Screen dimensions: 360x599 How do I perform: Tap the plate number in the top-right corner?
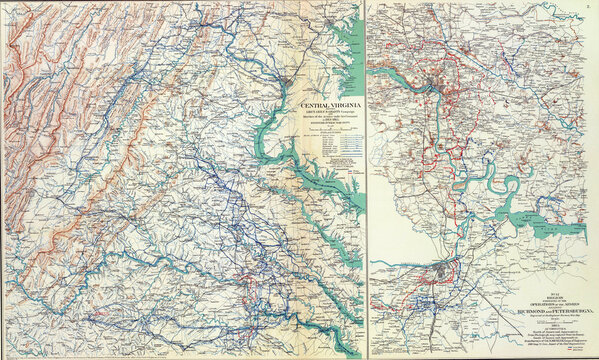[x=589, y=6]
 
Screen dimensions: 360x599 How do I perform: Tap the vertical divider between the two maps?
[x=365, y=180]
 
